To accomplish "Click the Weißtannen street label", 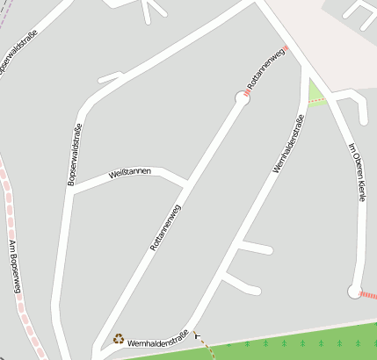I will pyautogui.click(x=130, y=172).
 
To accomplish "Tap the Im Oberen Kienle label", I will pyautogui.click(x=356, y=172).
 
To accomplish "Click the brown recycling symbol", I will pyautogui.click(x=119, y=337).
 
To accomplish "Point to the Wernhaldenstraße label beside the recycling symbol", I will pyautogui.click(x=157, y=338).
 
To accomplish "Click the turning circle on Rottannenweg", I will pyautogui.click(x=243, y=97).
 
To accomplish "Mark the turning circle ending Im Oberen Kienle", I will pyautogui.click(x=354, y=292).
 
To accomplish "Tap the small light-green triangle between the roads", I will pyautogui.click(x=315, y=93).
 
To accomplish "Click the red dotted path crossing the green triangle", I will pyautogui.click(x=316, y=99).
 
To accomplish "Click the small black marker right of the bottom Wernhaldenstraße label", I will pyautogui.click(x=196, y=334).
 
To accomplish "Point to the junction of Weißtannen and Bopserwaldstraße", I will pyautogui.click(x=72, y=191).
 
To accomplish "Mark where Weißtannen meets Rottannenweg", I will pyautogui.click(x=187, y=183).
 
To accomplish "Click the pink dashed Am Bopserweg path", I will pyautogui.click(x=18, y=290).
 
